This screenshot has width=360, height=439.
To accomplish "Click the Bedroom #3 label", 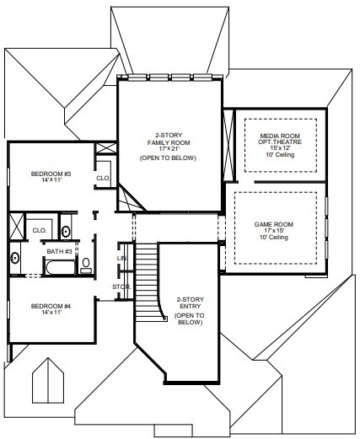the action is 51,174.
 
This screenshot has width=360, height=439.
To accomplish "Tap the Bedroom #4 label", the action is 51,306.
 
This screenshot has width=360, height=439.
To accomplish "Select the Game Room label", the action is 274,224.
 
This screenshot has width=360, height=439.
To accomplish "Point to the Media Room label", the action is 280,136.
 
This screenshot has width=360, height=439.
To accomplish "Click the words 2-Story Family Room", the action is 169,139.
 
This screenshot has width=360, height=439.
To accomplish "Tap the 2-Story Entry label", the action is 191,302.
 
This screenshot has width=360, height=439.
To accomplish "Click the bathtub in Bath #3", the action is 61,267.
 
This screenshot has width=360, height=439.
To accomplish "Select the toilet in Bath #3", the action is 86,265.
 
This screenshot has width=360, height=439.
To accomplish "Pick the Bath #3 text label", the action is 59,251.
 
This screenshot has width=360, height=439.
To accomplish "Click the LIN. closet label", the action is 122,258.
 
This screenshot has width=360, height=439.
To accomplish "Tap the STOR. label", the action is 121,287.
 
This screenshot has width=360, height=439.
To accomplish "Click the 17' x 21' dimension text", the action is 169,149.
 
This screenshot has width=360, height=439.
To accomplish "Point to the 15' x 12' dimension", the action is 280,148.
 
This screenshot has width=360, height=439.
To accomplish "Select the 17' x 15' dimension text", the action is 274,231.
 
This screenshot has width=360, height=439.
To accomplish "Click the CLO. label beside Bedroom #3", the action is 103,178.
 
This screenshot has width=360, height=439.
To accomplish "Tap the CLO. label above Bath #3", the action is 40,231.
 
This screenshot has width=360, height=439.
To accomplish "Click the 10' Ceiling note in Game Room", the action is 274,238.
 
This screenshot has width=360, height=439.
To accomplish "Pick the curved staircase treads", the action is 148,282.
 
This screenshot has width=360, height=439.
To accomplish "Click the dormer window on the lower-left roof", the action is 48,381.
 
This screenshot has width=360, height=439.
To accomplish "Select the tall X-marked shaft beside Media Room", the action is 228,145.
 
